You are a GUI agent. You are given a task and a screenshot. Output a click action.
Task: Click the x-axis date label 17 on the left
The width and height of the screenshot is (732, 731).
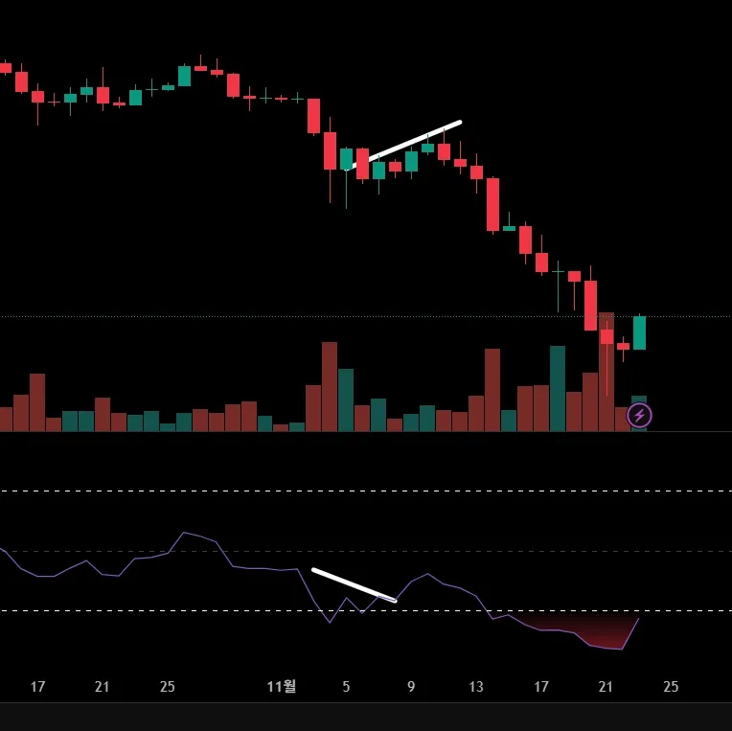pyautogui.click(x=38, y=687)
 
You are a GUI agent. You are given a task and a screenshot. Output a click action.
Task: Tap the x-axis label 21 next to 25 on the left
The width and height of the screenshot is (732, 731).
pyautogui.click(x=103, y=687)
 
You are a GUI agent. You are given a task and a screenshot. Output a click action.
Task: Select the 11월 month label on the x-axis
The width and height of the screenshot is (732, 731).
pyautogui.click(x=282, y=686)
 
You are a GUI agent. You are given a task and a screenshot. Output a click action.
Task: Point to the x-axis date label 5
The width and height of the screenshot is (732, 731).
pyautogui.click(x=346, y=687)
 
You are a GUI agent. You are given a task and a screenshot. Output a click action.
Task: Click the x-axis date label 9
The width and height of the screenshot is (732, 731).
pyautogui.click(x=411, y=687)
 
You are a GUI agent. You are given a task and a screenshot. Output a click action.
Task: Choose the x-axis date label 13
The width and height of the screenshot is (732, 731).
pyautogui.click(x=476, y=687)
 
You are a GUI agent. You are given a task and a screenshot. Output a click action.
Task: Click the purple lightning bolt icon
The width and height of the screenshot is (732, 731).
pyautogui.click(x=639, y=415)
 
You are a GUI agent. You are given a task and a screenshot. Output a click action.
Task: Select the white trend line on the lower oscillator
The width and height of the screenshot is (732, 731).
pyautogui.click(x=354, y=585)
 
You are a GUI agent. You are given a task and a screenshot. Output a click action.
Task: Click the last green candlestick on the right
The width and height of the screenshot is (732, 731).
pyautogui.click(x=639, y=332)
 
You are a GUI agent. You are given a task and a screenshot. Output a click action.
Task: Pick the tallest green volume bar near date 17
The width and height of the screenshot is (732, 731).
pyautogui.click(x=558, y=388)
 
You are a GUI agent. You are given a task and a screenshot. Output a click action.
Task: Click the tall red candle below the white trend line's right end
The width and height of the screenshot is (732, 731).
pyautogui.click(x=492, y=204)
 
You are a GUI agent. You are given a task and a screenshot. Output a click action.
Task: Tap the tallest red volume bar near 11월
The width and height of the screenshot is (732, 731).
pyautogui.click(x=330, y=386)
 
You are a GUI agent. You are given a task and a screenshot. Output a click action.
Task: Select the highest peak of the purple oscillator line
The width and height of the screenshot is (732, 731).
pyautogui.click(x=184, y=533)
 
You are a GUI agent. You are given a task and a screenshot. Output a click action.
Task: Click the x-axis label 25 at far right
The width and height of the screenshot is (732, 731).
pyautogui.click(x=671, y=687)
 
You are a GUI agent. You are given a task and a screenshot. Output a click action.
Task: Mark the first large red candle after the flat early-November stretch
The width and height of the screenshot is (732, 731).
pyautogui.click(x=313, y=116)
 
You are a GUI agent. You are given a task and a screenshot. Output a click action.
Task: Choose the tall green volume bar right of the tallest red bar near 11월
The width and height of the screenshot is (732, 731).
pyautogui.click(x=346, y=400)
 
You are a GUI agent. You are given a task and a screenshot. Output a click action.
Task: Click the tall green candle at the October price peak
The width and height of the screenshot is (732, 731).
pyautogui.click(x=184, y=76)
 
